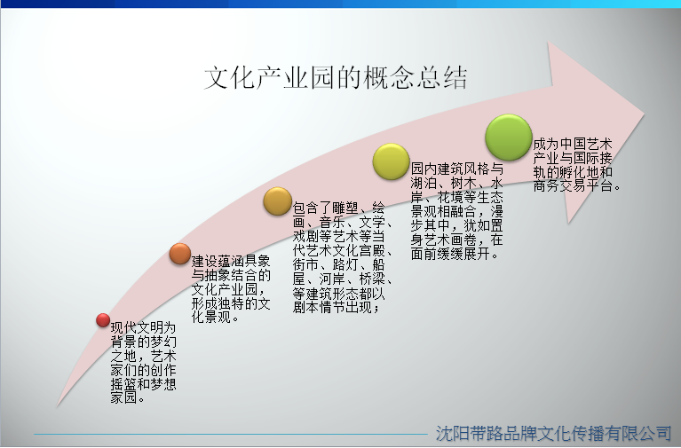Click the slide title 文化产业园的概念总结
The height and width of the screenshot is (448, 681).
tap(336, 78)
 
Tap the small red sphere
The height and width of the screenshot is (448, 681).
tap(103, 320)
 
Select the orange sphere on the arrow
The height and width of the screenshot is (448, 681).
tap(180, 254)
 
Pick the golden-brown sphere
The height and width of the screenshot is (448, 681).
tap(277, 201)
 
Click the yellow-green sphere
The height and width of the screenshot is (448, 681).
tap(391, 161)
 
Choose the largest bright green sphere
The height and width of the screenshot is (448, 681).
tap(509, 138)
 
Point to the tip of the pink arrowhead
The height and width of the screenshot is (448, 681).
tap(645, 115)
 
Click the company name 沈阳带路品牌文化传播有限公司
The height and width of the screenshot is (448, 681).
tap(554, 433)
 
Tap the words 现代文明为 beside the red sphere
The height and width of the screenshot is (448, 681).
tap(143, 328)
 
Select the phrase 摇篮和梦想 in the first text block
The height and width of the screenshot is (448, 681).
tap(143, 384)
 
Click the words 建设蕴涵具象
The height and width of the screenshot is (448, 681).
tap(231, 261)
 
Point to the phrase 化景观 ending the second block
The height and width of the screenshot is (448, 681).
tap(211, 317)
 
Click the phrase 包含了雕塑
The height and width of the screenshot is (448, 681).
tap(325, 208)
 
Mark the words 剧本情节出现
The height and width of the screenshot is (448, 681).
tap(332, 307)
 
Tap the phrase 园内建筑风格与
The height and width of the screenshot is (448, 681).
tap(457, 169)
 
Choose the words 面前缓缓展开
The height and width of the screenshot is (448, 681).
tap(450, 254)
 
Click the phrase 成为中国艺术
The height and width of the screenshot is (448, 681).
tap(573, 144)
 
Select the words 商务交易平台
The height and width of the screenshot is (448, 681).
tap(573, 185)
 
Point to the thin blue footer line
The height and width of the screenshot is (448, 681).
tap(231, 434)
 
